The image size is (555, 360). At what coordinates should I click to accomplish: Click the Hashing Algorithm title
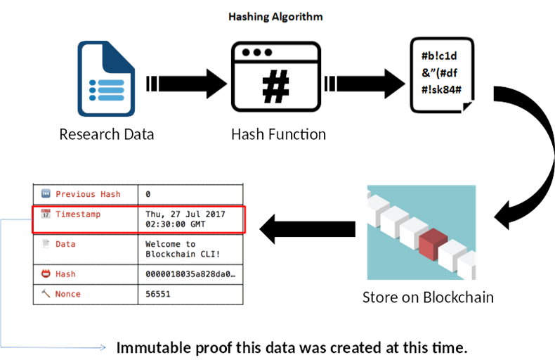coord(275,16)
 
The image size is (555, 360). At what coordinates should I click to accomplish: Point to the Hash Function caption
coord(278,134)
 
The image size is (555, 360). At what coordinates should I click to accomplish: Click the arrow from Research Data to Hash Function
coord(185,84)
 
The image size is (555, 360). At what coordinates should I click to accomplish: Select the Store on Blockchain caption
coord(428,297)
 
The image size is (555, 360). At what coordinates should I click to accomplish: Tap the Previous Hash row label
coord(87,193)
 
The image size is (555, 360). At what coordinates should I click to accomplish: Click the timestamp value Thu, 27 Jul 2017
coord(185,214)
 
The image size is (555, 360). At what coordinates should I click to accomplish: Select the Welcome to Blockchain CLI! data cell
coord(176,249)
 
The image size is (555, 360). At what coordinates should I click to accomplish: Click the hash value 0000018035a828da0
coord(190,274)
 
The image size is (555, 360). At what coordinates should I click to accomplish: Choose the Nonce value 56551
coord(158,294)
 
